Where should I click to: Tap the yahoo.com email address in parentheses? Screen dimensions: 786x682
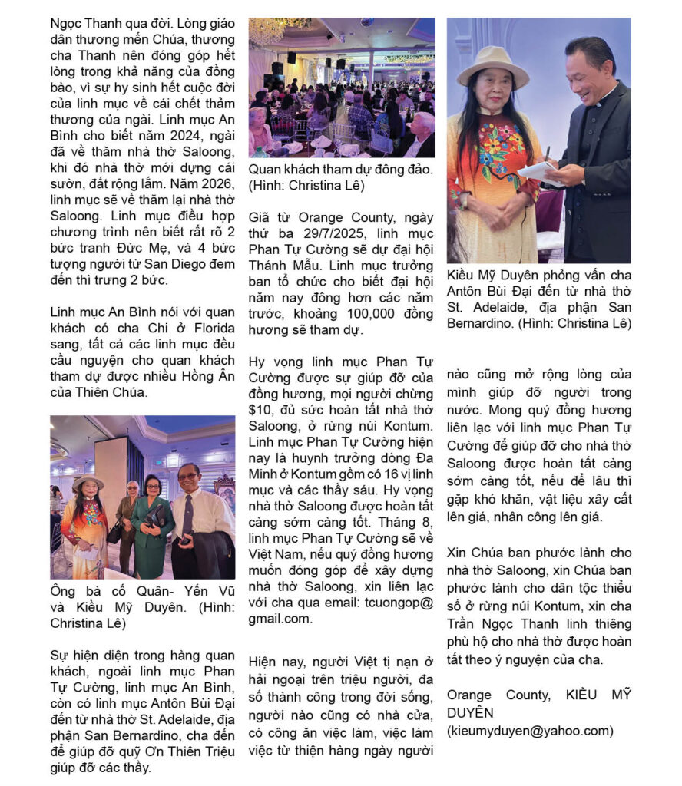coord(530,731)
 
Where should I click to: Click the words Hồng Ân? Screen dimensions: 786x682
coord(207,376)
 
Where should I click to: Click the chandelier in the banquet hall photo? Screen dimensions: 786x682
coord(269,30)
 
